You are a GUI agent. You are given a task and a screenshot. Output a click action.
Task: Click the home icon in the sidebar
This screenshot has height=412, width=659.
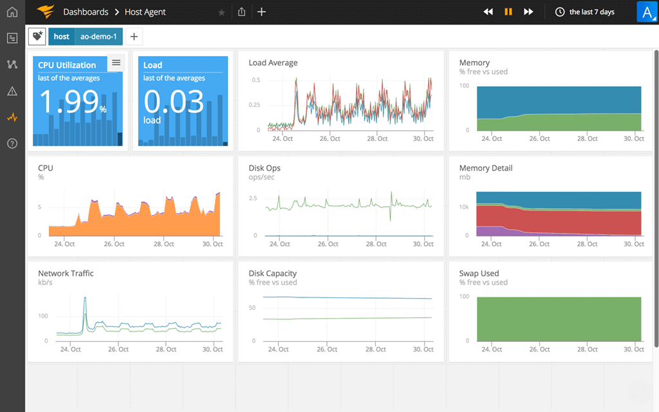tap(12, 12)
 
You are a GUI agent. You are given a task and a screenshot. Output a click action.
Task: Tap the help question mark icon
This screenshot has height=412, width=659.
tap(12, 143)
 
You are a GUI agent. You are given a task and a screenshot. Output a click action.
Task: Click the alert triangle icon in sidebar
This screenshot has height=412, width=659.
tap(12, 91)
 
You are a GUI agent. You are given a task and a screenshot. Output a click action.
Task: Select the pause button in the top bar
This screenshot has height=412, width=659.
tap(508, 12)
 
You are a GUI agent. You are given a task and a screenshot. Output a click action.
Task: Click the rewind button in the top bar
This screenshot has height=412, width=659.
tap(488, 12)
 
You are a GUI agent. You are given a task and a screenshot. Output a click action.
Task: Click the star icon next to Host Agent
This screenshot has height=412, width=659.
tap(222, 12)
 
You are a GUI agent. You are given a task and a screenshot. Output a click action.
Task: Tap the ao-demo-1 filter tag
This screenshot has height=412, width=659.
tap(98, 37)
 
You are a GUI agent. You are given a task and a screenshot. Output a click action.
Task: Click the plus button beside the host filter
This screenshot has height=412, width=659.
tap(134, 37)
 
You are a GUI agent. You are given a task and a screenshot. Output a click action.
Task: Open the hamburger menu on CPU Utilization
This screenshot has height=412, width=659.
tap(116, 62)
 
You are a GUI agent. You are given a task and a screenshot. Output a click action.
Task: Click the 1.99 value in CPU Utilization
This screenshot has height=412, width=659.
tap(70, 102)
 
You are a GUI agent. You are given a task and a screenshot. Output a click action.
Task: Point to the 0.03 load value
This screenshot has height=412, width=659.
tap(174, 101)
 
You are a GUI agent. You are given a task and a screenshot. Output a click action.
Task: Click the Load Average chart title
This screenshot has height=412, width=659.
tap(273, 62)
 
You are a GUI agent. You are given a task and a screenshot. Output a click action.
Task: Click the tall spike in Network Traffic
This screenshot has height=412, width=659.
tap(84, 299)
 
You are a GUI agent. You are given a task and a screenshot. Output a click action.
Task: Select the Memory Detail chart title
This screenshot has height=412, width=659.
tap(485, 168)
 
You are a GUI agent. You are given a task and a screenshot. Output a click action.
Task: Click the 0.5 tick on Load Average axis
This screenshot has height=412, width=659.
tap(256, 80)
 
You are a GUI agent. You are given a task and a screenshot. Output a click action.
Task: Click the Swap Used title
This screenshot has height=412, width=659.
tap(479, 274)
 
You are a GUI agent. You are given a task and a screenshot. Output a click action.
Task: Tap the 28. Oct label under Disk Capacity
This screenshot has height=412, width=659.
tap(376, 350)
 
